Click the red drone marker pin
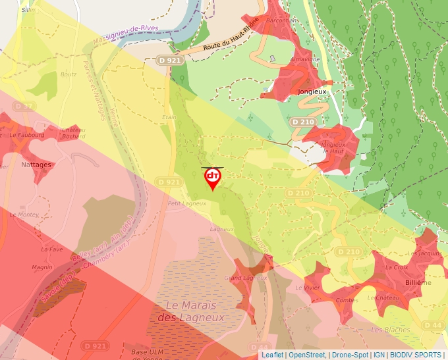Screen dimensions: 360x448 [x=213, y=178]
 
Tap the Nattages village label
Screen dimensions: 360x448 [x=36, y=165]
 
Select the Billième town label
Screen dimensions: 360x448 [x=418, y=282]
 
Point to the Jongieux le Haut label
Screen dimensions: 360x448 [x=333, y=147]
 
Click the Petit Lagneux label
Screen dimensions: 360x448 [x=187, y=203]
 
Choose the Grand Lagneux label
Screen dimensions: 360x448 [x=246, y=278]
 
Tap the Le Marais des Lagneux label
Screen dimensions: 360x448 [x=195, y=311]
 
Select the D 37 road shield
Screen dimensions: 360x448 [x=23, y=106]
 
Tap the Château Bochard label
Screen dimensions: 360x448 [x=74, y=133]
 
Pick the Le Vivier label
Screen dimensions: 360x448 [x=307, y=288]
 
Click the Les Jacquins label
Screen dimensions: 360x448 [x=424, y=253]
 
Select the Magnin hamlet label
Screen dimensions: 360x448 [x=42, y=267]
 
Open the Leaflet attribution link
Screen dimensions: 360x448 [x=273, y=355]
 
